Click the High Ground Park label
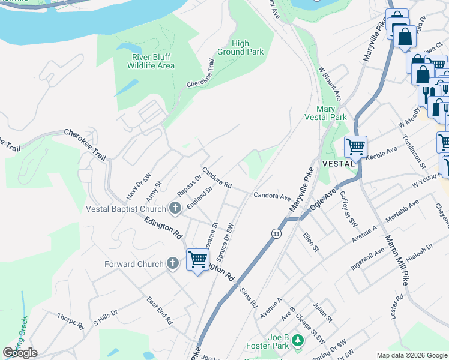248,47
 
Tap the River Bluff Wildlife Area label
153,61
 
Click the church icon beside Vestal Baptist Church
175,209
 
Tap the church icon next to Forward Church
173,263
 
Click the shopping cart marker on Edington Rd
197,260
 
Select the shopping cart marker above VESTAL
356,146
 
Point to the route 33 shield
276,234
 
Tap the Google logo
20,352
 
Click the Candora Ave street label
271,196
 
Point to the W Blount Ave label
330,83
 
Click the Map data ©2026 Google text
411,355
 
